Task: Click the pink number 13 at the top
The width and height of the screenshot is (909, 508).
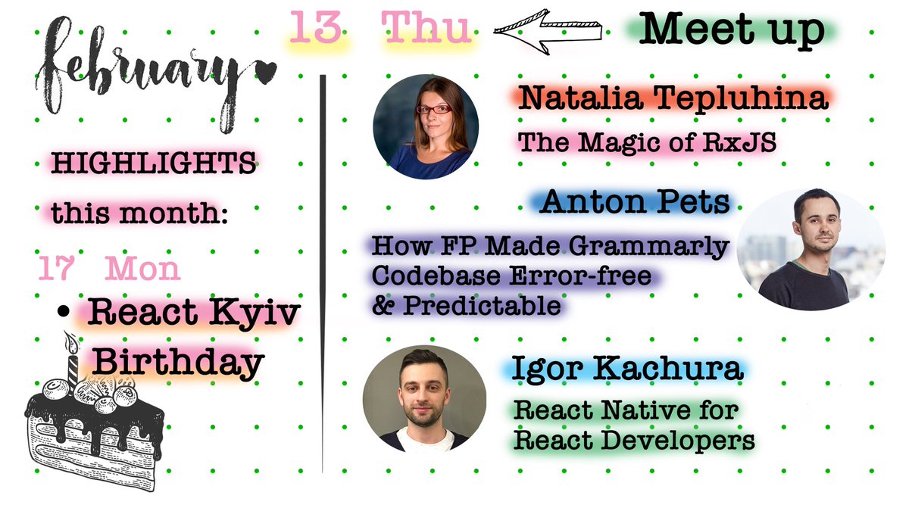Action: click(315, 29)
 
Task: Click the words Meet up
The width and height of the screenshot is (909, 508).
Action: click(732, 30)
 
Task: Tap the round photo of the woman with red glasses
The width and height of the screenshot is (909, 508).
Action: click(425, 126)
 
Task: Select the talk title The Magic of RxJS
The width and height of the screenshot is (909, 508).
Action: click(648, 142)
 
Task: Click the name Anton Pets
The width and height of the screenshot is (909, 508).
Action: click(636, 202)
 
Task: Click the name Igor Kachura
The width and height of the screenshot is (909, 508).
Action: click(625, 370)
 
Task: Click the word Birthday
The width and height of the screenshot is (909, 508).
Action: click(177, 364)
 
